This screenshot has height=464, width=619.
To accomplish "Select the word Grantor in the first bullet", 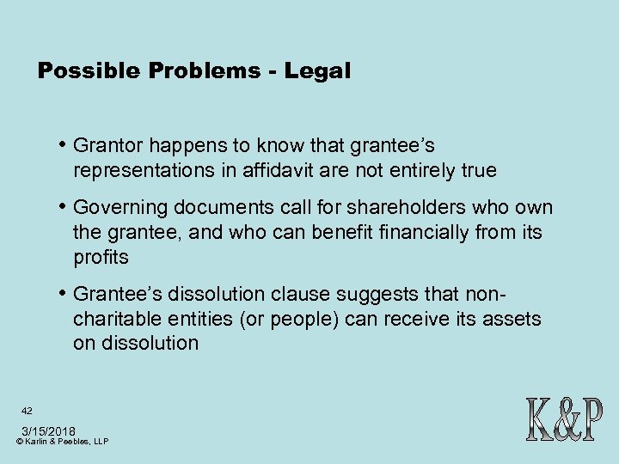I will [107, 147].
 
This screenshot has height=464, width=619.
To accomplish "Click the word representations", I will [144, 170].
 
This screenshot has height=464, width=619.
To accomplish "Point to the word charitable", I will [116, 320].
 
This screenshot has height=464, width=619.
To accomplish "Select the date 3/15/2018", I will [48, 430].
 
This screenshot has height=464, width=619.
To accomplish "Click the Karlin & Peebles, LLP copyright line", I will [62, 442].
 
